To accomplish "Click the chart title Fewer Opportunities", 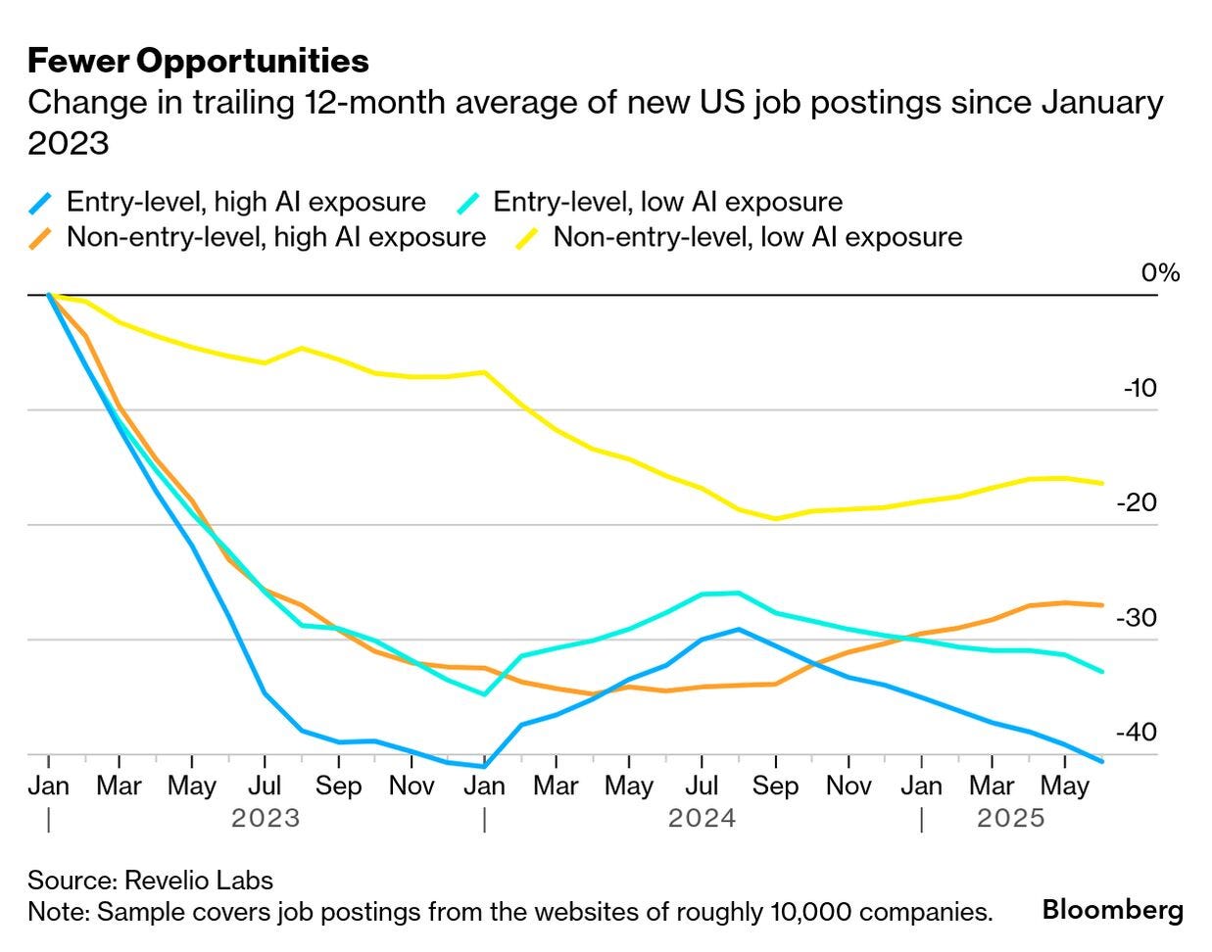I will click(x=198, y=61).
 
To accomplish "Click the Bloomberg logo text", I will click(x=1112, y=910).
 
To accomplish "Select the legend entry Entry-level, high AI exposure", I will click(x=245, y=202).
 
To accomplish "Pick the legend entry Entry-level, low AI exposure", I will click(x=666, y=202).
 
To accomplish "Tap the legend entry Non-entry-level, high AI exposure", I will click(x=275, y=237).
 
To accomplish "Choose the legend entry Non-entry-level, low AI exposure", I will click(x=756, y=237).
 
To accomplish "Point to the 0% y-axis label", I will click(x=1160, y=272).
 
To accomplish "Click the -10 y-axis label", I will click(x=1139, y=388).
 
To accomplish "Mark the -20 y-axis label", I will click(x=1137, y=502).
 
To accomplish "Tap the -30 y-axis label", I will click(x=1137, y=618).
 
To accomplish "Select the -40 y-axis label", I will click(x=1137, y=733).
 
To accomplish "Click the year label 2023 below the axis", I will click(x=265, y=818).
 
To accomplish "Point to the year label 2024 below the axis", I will click(x=702, y=818).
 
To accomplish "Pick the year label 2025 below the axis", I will click(x=1011, y=818).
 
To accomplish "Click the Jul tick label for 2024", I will click(x=702, y=785).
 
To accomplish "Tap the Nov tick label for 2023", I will click(x=412, y=785).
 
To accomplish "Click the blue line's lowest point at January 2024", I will click(x=483, y=767).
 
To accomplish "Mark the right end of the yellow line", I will click(x=1103, y=483).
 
